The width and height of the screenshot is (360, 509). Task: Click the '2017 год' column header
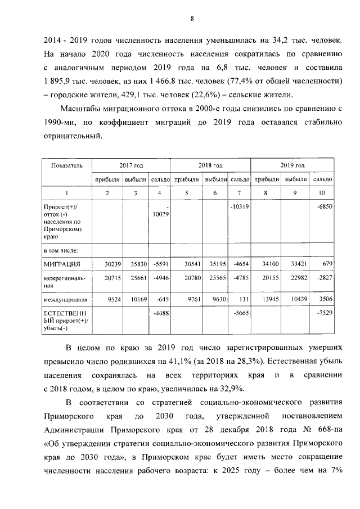coord(131,165)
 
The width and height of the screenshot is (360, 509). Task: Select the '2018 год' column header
coord(210,165)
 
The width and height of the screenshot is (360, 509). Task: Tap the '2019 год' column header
coord(292,165)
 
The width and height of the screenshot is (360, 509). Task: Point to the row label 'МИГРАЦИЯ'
coord(62,264)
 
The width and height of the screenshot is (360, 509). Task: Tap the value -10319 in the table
coord(240,206)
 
